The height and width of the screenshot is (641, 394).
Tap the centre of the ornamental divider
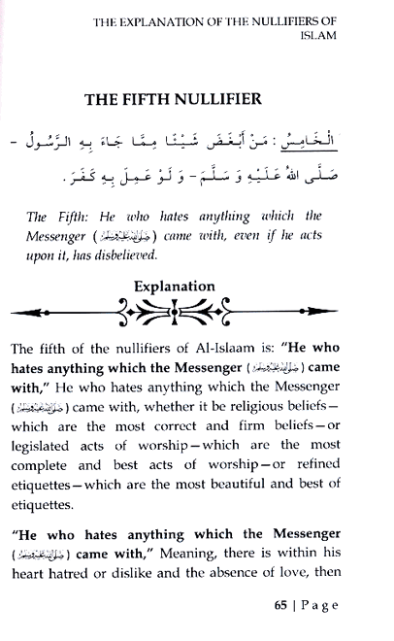tap(198, 314)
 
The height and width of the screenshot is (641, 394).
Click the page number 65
tap(280, 607)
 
